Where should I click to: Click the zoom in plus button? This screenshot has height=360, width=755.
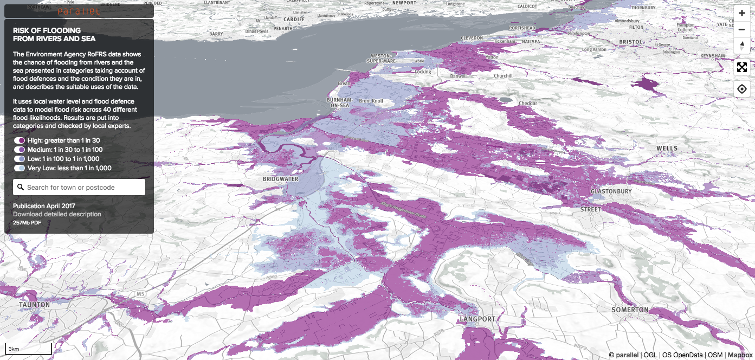click(741, 13)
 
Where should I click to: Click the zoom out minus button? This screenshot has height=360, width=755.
click(741, 29)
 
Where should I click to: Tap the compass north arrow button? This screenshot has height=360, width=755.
click(741, 46)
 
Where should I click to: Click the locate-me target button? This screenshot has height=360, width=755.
click(741, 89)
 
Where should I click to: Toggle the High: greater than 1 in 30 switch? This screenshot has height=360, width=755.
click(20, 140)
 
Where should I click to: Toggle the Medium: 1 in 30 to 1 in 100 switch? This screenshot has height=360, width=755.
click(20, 150)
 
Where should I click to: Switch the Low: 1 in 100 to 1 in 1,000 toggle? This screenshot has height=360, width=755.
click(20, 159)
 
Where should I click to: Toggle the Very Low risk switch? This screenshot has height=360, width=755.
click(20, 168)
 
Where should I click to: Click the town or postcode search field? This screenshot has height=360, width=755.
click(79, 188)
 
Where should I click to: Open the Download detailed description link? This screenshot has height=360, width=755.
click(57, 214)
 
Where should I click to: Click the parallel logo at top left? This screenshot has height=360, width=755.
click(79, 11)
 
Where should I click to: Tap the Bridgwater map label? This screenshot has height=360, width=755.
click(280, 179)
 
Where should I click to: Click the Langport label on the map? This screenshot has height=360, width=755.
click(477, 319)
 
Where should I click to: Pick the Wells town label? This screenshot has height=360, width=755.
click(667, 148)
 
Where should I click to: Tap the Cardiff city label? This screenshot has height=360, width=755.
click(294, 18)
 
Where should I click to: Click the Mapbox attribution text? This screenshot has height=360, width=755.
click(740, 355)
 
